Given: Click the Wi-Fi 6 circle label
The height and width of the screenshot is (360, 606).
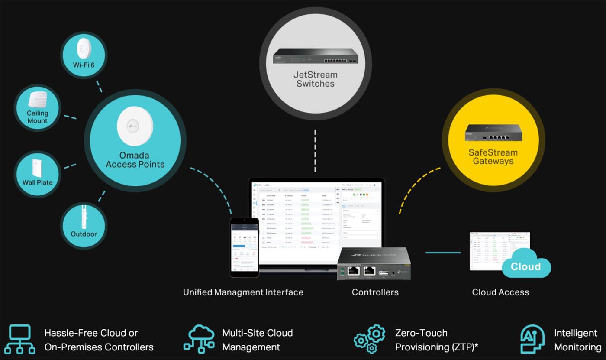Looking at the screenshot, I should (x=83, y=65).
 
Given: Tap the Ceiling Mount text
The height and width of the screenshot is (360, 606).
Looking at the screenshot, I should (x=38, y=117).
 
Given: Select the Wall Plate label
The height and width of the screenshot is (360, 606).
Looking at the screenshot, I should (x=38, y=182).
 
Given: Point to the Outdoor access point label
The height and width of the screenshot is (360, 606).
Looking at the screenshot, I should (x=84, y=234).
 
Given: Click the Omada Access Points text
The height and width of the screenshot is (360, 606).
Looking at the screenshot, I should (x=135, y=160).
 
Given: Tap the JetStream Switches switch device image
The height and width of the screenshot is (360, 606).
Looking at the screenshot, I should (x=316, y=56).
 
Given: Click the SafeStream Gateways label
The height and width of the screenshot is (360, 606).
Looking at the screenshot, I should (x=493, y=156).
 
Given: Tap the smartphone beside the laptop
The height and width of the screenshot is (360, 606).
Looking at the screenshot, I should (x=244, y=247).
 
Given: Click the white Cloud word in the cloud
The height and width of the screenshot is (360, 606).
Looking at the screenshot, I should (x=525, y=266).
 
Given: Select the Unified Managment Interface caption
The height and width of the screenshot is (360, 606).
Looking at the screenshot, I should (x=243, y=292).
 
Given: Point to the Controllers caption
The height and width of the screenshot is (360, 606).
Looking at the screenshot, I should (x=375, y=292).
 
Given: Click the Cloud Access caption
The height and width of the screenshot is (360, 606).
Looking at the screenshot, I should (x=500, y=292).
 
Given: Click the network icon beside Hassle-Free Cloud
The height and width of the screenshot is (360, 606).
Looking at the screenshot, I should (x=20, y=339).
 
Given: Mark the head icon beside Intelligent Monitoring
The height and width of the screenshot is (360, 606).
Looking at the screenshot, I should (x=532, y=339).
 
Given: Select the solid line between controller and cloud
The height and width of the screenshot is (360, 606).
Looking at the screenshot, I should (x=443, y=252).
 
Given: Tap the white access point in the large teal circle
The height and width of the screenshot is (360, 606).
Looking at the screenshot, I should (x=135, y=127).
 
